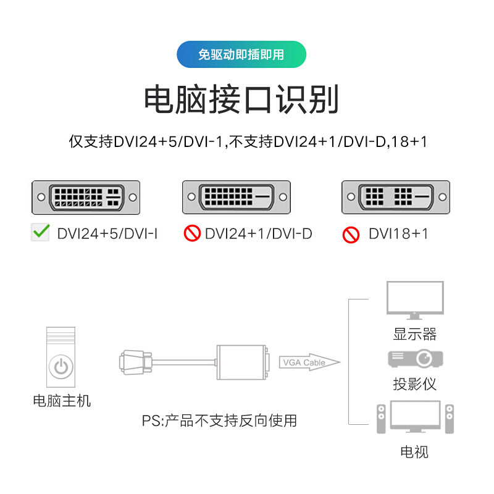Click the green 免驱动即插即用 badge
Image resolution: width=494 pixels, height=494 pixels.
tap(241, 54)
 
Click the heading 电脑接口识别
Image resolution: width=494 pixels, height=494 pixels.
tap(241, 99)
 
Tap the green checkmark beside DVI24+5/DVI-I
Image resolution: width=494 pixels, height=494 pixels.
tap(41, 233)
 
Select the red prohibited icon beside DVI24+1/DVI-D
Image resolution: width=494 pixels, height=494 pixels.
tap(192, 233)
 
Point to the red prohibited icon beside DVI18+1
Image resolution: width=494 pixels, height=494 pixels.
tap(351, 234)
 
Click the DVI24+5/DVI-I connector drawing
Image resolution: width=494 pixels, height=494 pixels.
tap(86, 198)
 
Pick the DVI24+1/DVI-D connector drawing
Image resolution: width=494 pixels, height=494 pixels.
tap(237, 198)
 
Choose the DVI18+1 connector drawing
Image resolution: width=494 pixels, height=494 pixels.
tap(396, 198)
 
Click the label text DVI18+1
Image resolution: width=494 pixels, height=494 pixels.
tap(398, 233)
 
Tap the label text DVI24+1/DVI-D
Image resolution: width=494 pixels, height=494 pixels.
tap(259, 233)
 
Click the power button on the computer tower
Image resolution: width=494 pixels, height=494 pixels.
tap(61, 366)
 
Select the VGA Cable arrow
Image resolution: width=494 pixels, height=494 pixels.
tap(309, 362)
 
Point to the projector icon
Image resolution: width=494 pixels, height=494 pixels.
tap(415, 359)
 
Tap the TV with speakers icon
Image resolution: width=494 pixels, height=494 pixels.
tap(414, 419)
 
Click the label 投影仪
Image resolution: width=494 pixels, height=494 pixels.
tap(414, 383)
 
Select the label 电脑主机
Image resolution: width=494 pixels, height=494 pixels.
tap(61, 401)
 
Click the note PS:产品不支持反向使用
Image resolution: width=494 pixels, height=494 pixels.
tap(219, 421)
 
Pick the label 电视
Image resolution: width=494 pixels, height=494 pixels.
tap(414, 452)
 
